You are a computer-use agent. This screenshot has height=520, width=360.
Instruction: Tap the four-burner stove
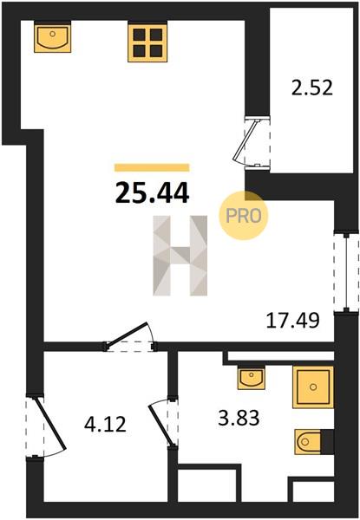click(147, 42)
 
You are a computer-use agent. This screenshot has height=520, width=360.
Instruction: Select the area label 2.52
click(312, 88)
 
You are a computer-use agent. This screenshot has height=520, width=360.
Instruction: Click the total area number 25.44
click(152, 193)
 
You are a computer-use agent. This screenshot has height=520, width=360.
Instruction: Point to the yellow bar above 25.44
click(152, 167)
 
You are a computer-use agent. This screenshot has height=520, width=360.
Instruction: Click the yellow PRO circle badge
click(244, 216)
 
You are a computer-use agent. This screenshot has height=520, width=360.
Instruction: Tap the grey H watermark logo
click(180, 256)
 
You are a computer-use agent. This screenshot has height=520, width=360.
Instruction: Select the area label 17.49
click(293, 321)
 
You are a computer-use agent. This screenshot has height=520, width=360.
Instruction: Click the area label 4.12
click(105, 425)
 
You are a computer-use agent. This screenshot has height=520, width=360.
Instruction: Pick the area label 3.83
click(239, 418)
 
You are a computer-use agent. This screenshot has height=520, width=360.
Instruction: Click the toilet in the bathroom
click(308, 441)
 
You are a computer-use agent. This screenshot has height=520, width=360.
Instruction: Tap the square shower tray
click(313, 387)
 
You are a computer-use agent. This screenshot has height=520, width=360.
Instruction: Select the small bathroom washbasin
click(252, 379)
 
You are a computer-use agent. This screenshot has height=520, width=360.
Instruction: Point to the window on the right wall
click(346, 272)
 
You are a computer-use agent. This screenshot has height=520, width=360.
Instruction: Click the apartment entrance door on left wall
click(47, 426)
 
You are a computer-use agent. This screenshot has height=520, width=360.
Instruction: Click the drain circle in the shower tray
click(312, 387)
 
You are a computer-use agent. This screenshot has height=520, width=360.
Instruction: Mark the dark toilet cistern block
click(327, 441)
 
